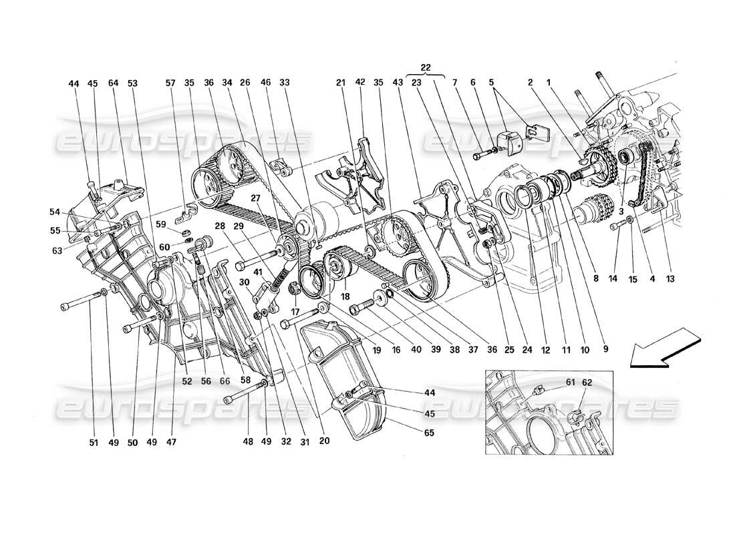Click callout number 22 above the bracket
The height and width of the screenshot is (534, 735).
click(x=425, y=67)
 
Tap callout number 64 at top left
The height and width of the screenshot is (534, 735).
click(x=112, y=84)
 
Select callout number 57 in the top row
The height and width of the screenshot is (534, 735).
click(x=171, y=84)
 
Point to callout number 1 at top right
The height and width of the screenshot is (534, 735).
click(x=550, y=84)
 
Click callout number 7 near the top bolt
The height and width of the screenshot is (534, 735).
click(x=472, y=84)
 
